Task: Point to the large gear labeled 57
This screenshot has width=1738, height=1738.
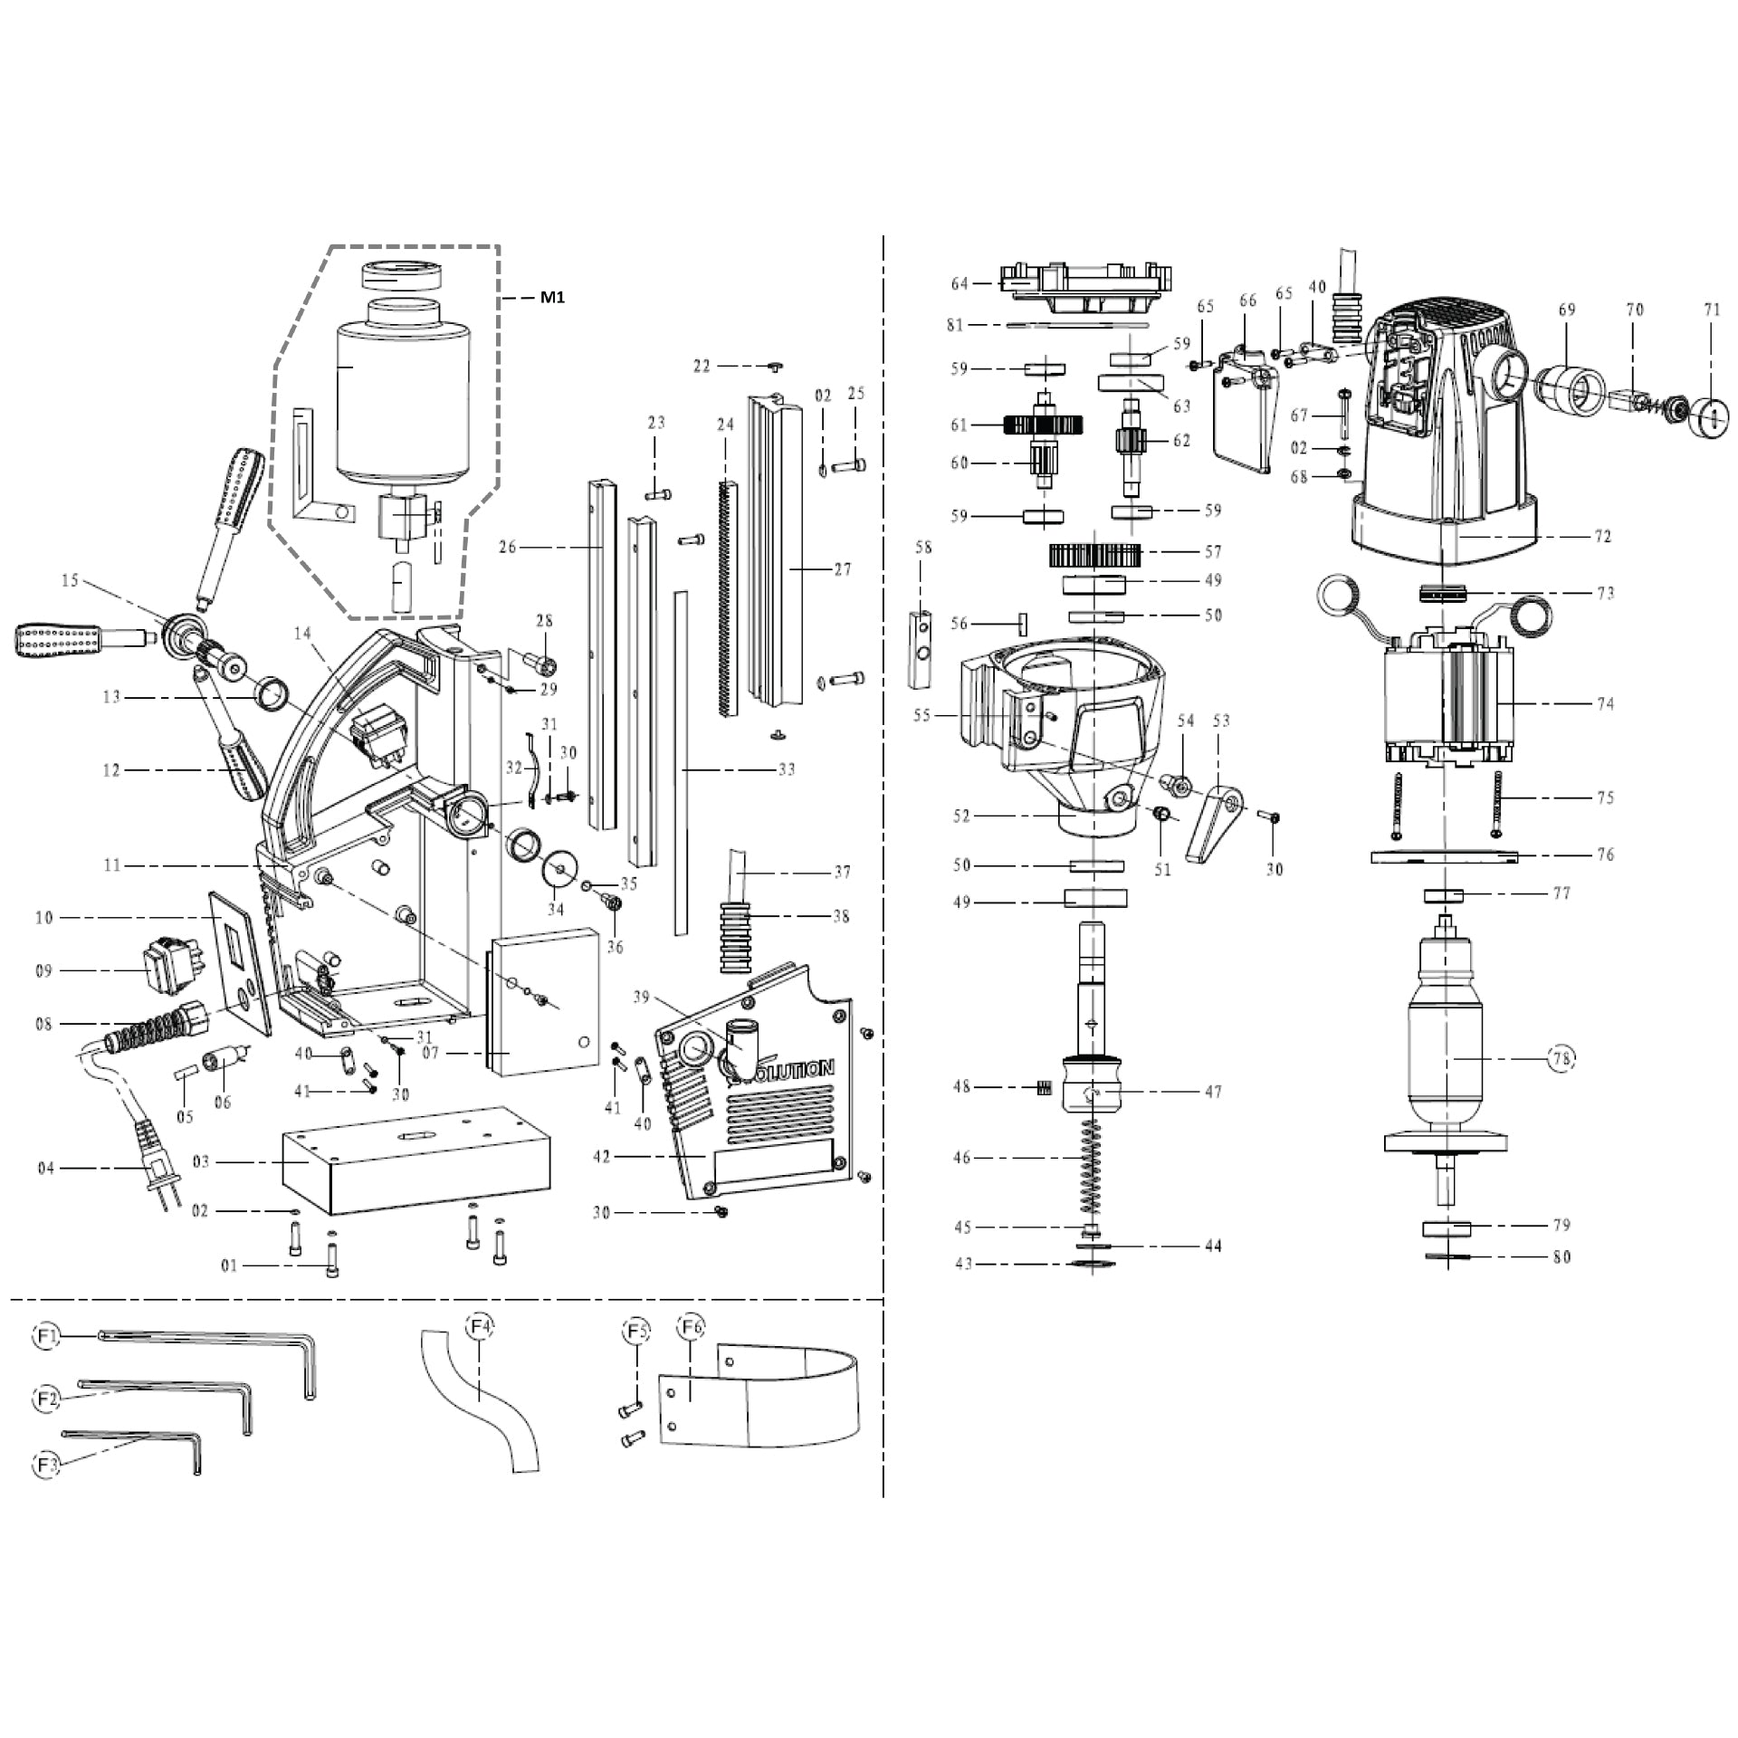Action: tap(1096, 554)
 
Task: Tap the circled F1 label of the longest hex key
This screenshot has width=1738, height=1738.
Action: tap(47, 1335)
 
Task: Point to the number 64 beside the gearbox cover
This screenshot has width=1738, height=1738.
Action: tap(960, 284)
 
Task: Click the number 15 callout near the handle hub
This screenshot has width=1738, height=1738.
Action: tap(70, 580)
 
